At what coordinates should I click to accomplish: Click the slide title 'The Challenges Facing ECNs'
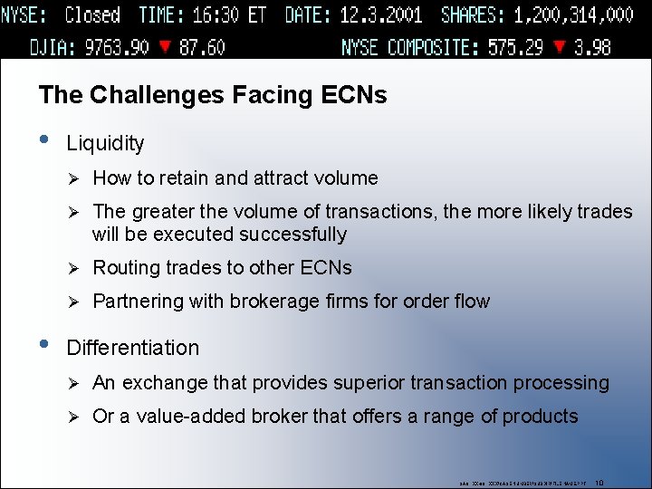click(x=213, y=94)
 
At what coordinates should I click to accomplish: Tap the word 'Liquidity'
click(x=105, y=143)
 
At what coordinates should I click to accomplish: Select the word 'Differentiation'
click(x=132, y=348)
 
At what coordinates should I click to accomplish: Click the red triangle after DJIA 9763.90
click(x=164, y=47)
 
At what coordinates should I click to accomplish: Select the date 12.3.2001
click(x=384, y=15)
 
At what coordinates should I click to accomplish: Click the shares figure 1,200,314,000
click(x=573, y=15)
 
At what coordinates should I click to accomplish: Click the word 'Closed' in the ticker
click(x=92, y=15)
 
